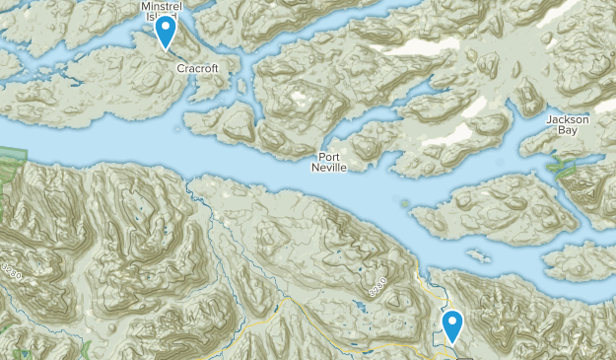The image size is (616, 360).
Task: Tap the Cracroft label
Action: point(197,69)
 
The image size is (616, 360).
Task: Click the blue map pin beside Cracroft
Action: point(167,32)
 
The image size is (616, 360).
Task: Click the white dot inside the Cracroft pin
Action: point(167,27)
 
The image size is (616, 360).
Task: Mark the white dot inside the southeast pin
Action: point(453,321)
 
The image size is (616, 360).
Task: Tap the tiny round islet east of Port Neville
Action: point(405,203)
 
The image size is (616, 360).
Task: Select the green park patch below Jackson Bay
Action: point(566,167)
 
